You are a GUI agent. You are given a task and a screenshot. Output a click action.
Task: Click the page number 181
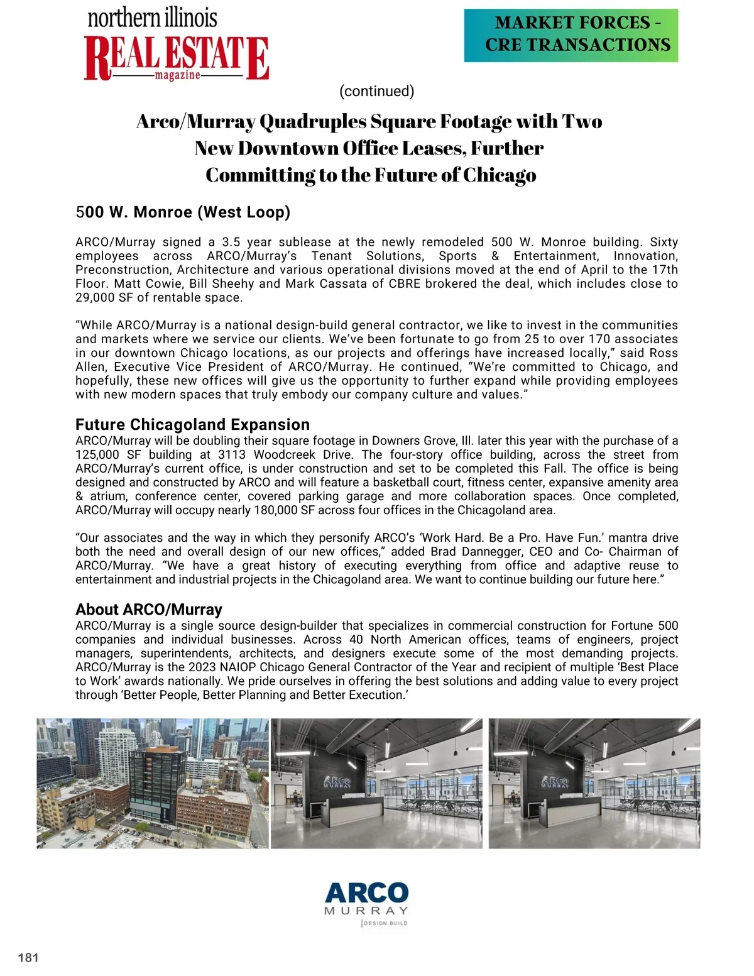tap(28, 958)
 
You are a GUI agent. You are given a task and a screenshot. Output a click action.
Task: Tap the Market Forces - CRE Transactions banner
tap(571, 35)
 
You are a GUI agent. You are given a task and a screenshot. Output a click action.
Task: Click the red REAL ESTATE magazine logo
tap(176, 58)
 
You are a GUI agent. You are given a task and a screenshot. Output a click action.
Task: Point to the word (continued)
tap(376, 91)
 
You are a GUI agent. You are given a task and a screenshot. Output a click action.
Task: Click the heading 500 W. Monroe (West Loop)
tap(183, 212)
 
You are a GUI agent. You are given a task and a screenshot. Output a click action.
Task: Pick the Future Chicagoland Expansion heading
tap(192, 424)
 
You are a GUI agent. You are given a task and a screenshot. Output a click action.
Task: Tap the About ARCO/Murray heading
tap(149, 610)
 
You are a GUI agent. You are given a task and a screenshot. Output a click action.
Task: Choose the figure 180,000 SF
tap(283, 510)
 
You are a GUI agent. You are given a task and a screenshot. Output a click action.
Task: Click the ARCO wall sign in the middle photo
tap(337, 783)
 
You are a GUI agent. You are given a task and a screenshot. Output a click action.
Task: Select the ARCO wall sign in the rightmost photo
tap(555, 783)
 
